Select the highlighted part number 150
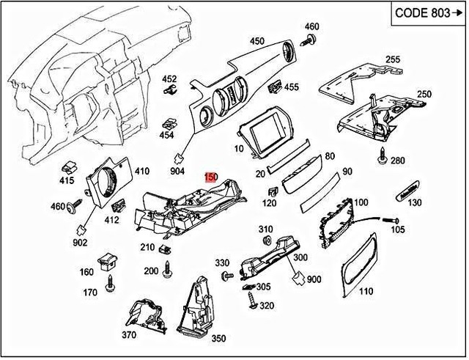pos(211,177)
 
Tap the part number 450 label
pos(256,41)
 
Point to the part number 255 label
pos(393,59)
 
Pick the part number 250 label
pos(424,95)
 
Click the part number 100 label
pos(361,202)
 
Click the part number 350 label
pos(218,339)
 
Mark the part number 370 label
pos(130,335)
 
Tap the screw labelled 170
pos(111,282)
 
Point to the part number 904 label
pos(177,171)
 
